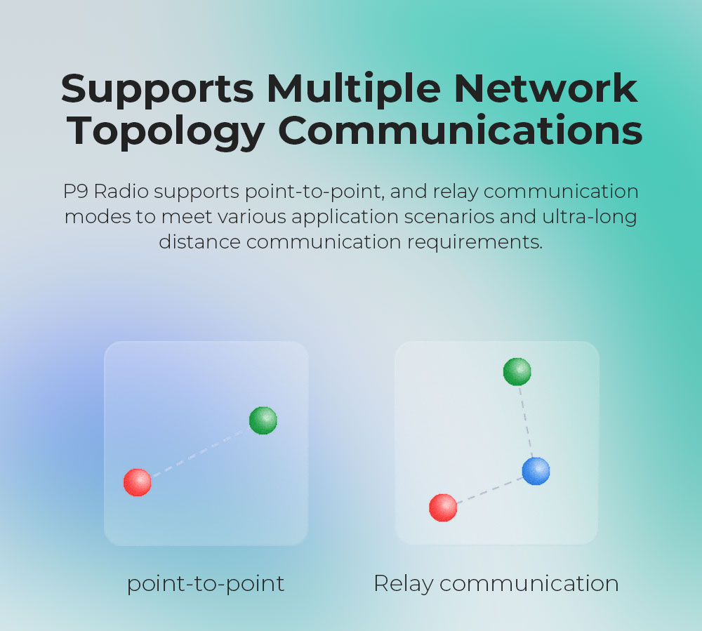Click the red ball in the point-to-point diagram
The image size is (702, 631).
point(138,482)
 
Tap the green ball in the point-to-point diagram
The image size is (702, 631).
point(263,420)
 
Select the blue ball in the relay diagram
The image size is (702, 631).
point(536,471)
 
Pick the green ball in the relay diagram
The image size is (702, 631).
point(517,371)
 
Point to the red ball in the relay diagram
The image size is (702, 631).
point(443,507)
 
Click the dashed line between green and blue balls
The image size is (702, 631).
point(526,422)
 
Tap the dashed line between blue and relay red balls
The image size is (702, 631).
point(490,491)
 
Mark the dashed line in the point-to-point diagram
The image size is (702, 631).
point(201,451)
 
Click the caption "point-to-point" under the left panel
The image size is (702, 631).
point(206,584)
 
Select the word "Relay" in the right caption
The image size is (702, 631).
point(404,584)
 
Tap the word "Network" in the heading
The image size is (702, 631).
point(546,88)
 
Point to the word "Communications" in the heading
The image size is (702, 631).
point(461,131)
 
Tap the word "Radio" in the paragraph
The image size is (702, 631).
point(121,191)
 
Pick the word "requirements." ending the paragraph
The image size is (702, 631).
point(475,243)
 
